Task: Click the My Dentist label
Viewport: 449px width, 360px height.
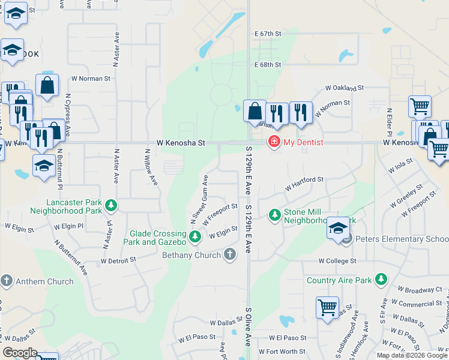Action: [303, 142]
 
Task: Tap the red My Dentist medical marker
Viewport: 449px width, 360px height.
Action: [274, 142]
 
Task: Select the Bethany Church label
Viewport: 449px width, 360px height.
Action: [191, 255]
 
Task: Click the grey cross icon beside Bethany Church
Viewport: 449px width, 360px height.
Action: [229, 255]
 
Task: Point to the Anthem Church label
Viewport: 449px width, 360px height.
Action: [45, 281]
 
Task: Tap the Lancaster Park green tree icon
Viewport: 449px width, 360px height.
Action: [111, 206]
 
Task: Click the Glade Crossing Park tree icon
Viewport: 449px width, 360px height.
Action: [194, 238]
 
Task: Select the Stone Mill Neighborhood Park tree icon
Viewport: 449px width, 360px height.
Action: [274, 214]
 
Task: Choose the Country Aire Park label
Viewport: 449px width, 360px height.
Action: [339, 280]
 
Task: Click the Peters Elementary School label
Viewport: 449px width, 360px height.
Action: [402, 239]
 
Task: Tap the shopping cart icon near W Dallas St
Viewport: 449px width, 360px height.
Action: [328, 307]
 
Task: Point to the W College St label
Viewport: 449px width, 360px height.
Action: [337, 261]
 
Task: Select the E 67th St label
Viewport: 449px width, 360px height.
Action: [267, 34]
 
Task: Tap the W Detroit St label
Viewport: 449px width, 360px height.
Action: [119, 261]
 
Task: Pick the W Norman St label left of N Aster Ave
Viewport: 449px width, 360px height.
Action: [91, 78]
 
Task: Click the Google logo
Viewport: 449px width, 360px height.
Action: [20, 353]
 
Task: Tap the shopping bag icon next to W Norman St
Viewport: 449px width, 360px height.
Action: [47, 86]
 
